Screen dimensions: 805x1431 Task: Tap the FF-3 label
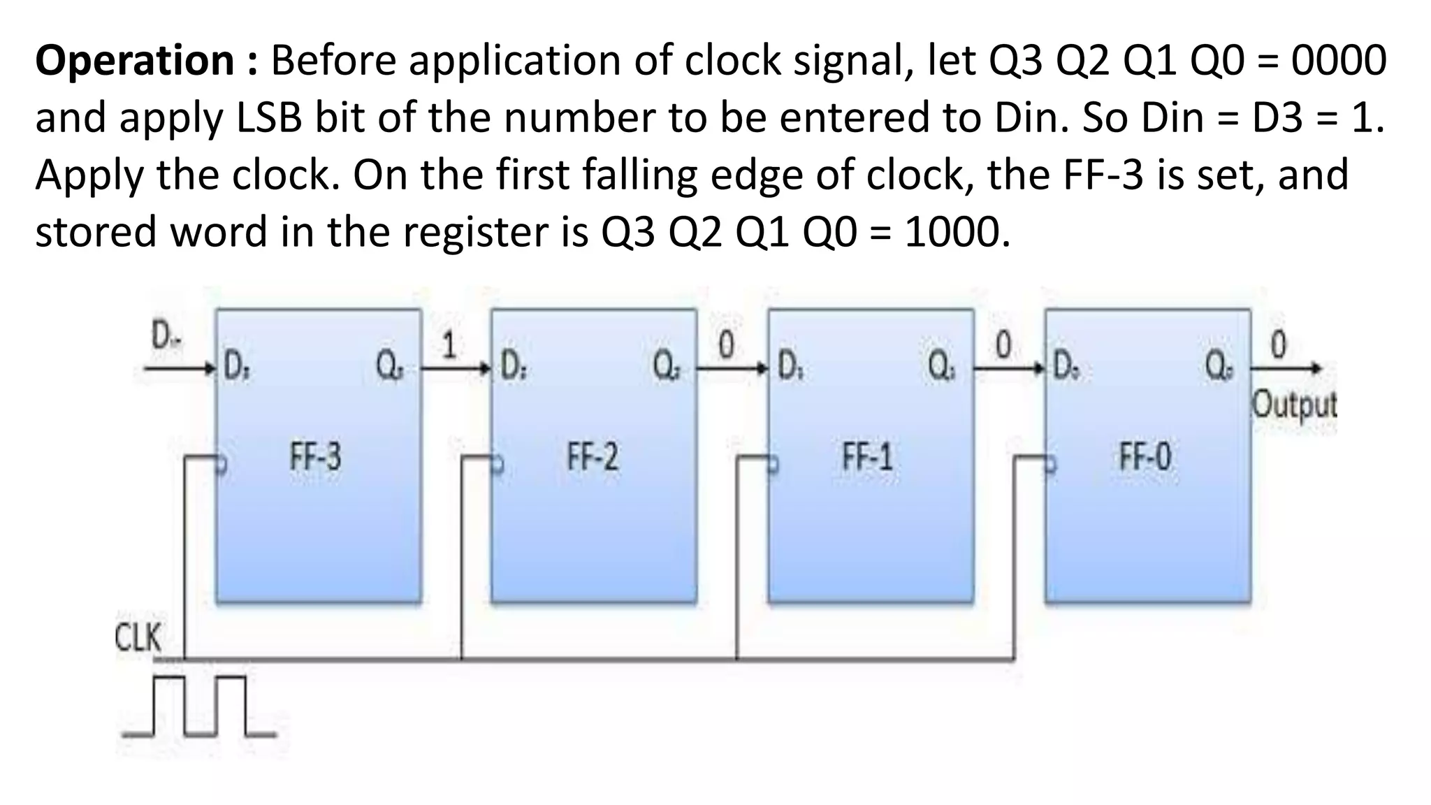coord(316,458)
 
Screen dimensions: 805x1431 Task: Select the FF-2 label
coord(593,458)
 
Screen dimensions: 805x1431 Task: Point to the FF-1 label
coord(868,458)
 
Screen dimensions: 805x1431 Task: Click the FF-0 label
coord(1145,458)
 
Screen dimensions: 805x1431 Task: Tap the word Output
coord(1293,405)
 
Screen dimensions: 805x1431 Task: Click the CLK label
coord(138,638)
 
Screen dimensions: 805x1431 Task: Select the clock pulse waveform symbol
coord(200,706)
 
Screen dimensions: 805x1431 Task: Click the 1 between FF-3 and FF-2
coord(449,345)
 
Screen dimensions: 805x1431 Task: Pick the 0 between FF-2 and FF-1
coord(727,345)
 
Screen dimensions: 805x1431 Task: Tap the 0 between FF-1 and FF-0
coord(1003,345)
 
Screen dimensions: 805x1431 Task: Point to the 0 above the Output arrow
coord(1279,345)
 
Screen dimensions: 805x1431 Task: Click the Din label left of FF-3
coord(165,339)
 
